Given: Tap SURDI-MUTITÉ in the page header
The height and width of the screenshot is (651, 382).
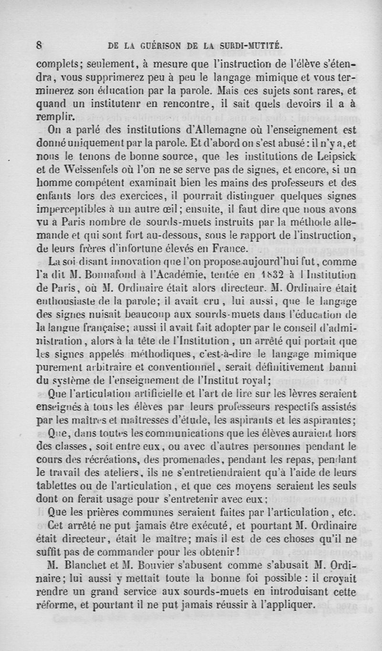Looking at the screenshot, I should coord(252,46).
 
